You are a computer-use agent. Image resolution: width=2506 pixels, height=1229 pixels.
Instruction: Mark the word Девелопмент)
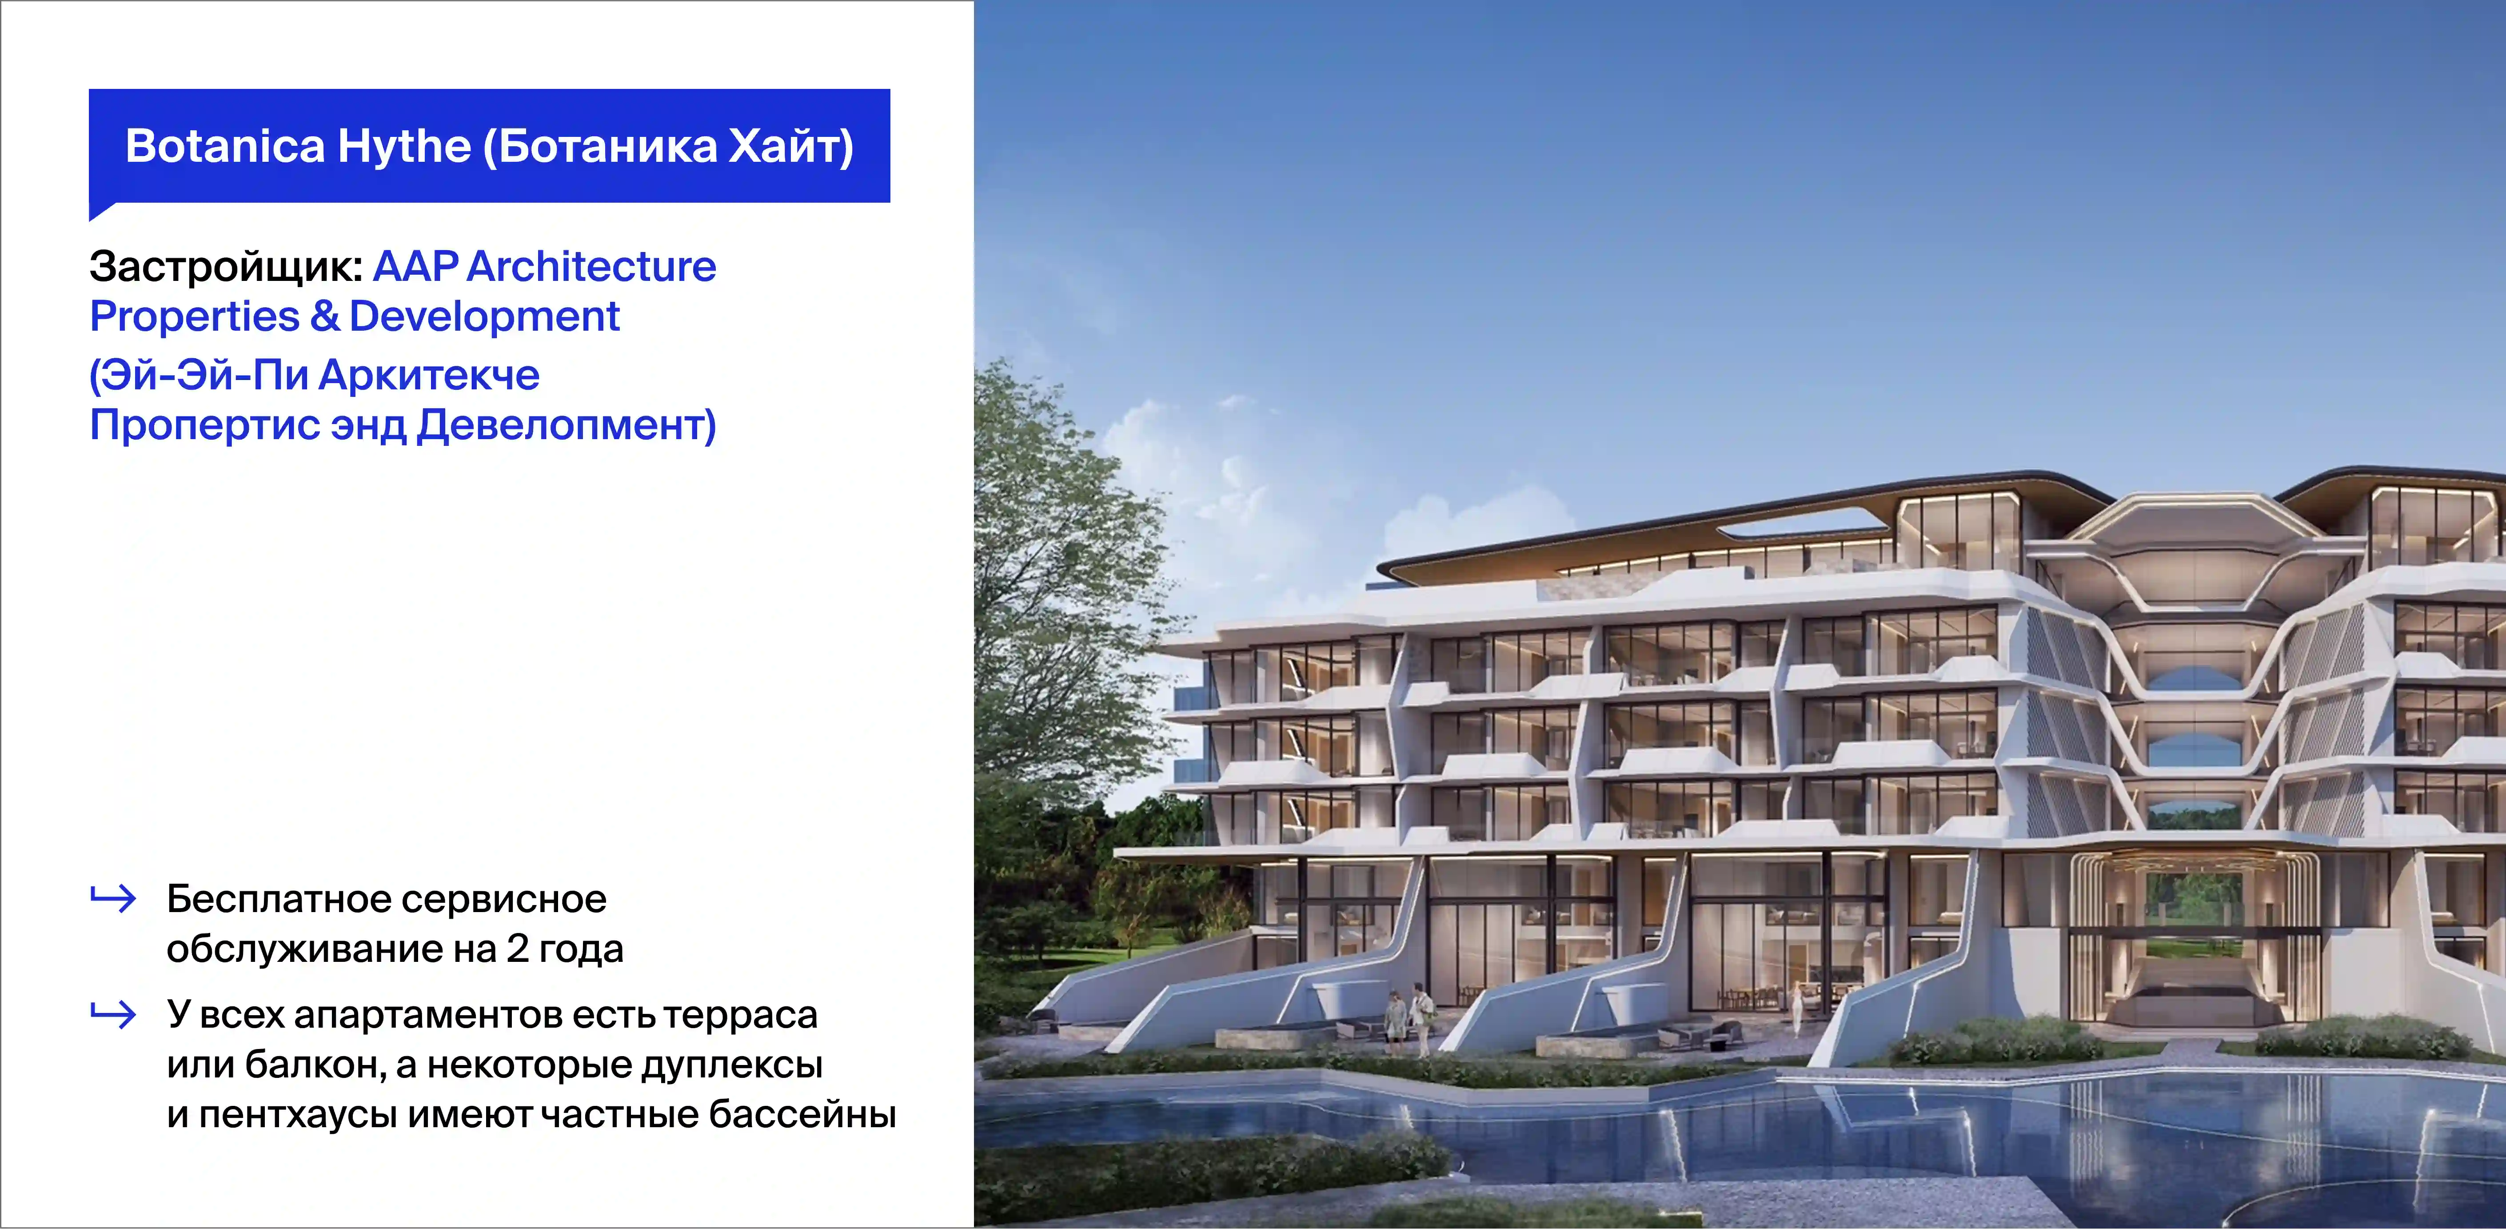pyautogui.click(x=566, y=425)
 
